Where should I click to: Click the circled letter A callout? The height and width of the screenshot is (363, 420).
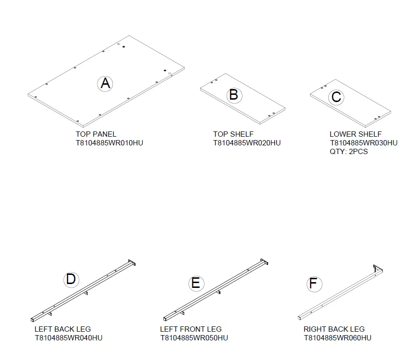point(105,84)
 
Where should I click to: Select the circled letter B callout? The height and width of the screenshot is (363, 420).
point(234,95)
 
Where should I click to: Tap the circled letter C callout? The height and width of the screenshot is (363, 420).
point(336,97)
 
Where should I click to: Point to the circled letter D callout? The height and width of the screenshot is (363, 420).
point(71,280)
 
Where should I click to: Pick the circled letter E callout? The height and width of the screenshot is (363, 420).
point(196,284)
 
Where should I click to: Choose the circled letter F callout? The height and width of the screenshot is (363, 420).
point(314,284)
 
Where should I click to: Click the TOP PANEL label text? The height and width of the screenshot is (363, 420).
point(96,134)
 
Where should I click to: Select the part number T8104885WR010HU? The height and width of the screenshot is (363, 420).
point(109,143)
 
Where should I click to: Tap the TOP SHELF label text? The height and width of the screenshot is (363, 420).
point(233,134)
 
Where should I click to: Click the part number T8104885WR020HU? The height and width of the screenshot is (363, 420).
point(247,143)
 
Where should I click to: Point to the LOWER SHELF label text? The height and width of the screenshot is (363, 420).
point(356,134)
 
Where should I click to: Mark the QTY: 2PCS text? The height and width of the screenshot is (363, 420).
point(349,152)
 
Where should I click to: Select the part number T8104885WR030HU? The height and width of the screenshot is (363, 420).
point(364,143)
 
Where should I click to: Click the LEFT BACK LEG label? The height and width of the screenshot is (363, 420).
point(63,329)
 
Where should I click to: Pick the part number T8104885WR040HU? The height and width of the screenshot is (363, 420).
point(68,338)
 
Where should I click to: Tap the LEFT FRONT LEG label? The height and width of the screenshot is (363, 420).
point(191,329)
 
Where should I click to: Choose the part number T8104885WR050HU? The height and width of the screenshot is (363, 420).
point(194,338)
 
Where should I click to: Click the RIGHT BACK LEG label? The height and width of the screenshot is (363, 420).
point(334,329)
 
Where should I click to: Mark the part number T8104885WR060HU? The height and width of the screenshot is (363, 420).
point(338,338)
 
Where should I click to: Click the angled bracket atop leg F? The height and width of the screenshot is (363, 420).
point(378,269)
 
